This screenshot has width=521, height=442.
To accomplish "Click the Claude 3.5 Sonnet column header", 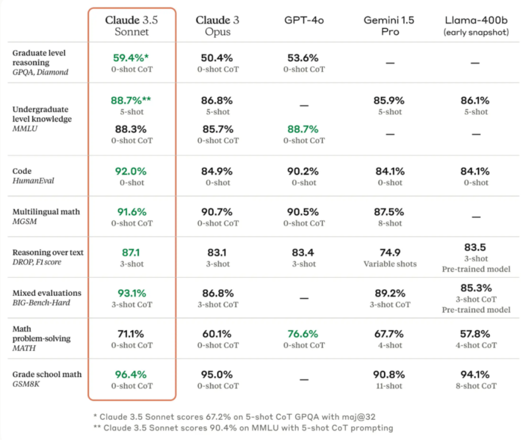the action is tap(132, 26).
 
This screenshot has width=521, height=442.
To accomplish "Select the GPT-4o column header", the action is tap(304, 20).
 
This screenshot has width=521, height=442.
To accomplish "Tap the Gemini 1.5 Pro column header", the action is tap(389, 26).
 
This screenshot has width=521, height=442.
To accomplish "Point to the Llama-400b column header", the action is tap(476, 26).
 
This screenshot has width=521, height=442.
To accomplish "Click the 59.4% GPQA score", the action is tap(131, 58).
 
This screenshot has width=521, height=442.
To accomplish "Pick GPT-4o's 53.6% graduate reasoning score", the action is tap(302, 58).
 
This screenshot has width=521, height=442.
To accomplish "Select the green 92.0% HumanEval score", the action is tap(131, 171).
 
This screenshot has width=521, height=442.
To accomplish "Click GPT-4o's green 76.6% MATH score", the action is tap(302, 333).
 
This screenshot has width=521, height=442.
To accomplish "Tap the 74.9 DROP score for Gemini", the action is tap(390, 252).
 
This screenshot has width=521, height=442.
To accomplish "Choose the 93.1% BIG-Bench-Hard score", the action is tap(132, 293).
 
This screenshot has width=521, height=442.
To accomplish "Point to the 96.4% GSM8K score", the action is tap(131, 374).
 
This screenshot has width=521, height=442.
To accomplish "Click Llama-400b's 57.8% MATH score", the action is tap(475, 333).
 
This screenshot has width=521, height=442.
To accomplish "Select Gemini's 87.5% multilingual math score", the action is tap(389, 212).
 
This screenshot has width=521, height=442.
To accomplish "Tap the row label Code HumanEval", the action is tap(33, 176).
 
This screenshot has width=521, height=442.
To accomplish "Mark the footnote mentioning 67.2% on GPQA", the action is tap(234, 417).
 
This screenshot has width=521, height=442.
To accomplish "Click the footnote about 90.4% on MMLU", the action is tap(243, 428).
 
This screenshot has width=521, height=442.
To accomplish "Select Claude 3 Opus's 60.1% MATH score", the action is tap(217, 333).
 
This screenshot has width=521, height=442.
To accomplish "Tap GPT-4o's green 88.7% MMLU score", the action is tap(302, 129).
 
